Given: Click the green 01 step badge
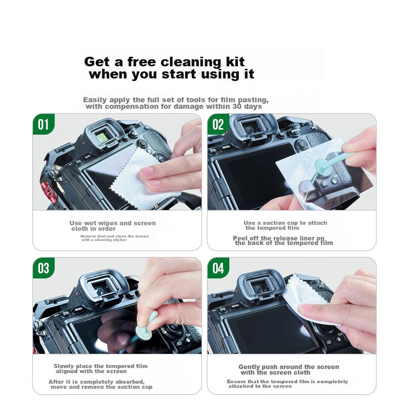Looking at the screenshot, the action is click(x=44, y=124).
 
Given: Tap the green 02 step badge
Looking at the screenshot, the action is click(x=218, y=124).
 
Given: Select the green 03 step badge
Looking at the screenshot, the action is click(x=44, y=268).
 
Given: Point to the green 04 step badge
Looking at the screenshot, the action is click(x=218, y=268).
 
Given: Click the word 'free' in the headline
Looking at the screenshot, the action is click(x=142, y=62).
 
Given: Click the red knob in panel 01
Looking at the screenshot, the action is click(x=47, y=189).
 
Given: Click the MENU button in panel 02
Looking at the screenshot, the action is click(x=226, y=147).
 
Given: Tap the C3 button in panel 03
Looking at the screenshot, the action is click(x=65, y=313).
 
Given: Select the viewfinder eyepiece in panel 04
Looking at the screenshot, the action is click(x=260, y=286).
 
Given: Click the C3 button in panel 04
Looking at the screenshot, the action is click(x=222, y=309).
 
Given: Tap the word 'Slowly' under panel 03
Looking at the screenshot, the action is click(x=63, y=366).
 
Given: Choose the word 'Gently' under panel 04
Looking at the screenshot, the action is click(x=249, y=367).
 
